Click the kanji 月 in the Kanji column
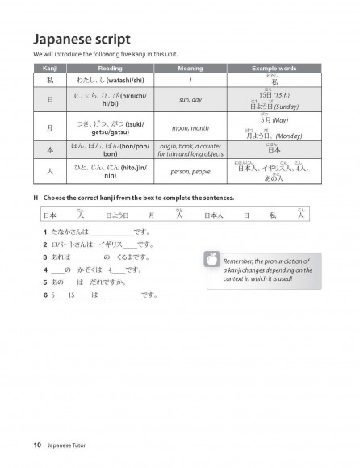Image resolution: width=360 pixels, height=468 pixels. (x=49, y=127)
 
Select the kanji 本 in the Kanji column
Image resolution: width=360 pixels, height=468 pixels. (x=49, y=149)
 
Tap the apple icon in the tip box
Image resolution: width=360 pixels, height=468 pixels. (x=212, y=258)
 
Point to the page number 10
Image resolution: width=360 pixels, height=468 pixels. (x=37, y=445)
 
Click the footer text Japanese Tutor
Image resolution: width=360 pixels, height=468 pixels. (x=70, y=445)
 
